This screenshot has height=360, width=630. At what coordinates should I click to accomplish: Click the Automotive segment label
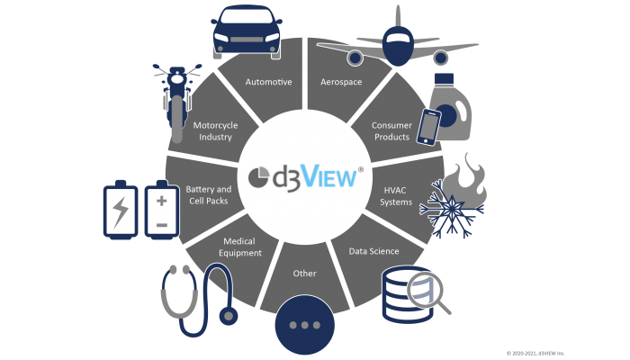tap(269, 82)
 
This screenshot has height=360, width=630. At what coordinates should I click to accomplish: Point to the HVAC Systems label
tap(397, 195)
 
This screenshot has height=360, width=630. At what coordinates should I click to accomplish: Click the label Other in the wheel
tap(304, 273)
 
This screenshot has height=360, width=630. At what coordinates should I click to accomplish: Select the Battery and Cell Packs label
tap(209, 194)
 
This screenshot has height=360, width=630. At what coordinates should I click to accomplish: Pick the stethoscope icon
tap(198, 297)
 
